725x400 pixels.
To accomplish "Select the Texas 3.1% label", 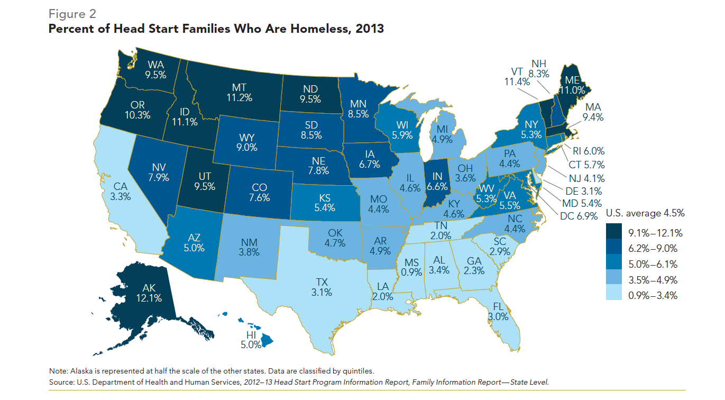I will [322, 286].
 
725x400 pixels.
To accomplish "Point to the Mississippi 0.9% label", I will [412, 268].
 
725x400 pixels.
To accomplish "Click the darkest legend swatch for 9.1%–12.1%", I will [615, 232].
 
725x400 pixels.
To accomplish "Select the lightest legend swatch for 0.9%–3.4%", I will [615, 295].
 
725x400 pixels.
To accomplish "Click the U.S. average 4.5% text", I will [645, 214].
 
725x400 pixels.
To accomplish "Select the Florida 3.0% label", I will [498, 312].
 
